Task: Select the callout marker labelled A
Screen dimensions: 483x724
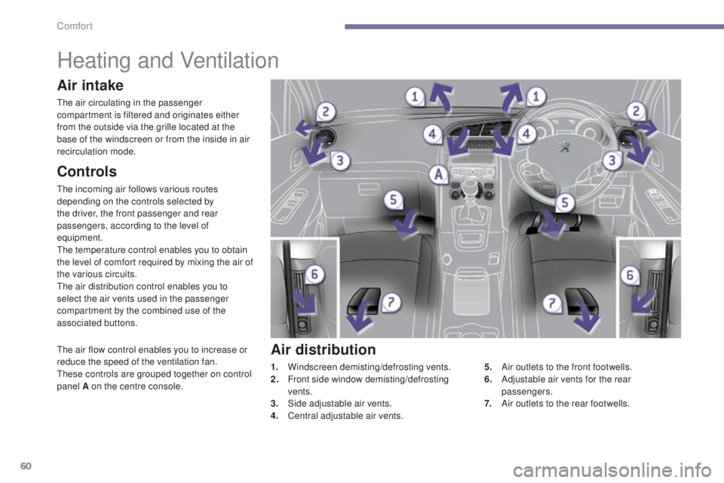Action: point(437,174)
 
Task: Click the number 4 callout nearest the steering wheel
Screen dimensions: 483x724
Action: point(526,134)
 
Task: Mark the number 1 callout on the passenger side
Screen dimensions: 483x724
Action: point(414,96)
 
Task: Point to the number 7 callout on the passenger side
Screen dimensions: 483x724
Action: point(389,302)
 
